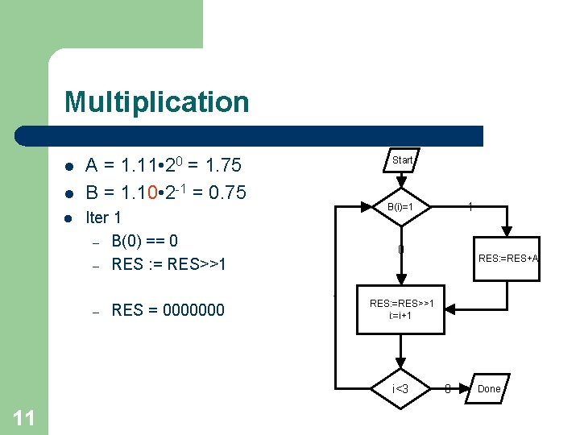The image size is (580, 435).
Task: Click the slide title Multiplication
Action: (157, 102)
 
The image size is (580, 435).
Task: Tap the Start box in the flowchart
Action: (401, 160)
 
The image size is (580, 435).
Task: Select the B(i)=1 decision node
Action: (400, 207)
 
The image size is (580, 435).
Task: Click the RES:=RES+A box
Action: (508, 259)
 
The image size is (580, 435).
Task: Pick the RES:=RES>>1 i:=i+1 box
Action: (400, 309)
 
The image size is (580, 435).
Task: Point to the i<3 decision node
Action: (400, 390)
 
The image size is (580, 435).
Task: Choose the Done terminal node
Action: (489, 389)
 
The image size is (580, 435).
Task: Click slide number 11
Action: (24, 417)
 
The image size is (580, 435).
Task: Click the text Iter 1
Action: (103, 218)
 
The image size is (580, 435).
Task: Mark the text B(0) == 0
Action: (145, 241)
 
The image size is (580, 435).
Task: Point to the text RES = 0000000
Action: (168, 310)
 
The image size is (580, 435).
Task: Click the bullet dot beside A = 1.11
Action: (70, 168)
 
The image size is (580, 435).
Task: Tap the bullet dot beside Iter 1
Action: (70, 219)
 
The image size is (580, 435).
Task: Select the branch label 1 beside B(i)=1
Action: (470, 207)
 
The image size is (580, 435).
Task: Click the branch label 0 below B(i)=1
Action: (400, 249)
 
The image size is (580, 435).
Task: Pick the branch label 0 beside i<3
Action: (448, 390)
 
